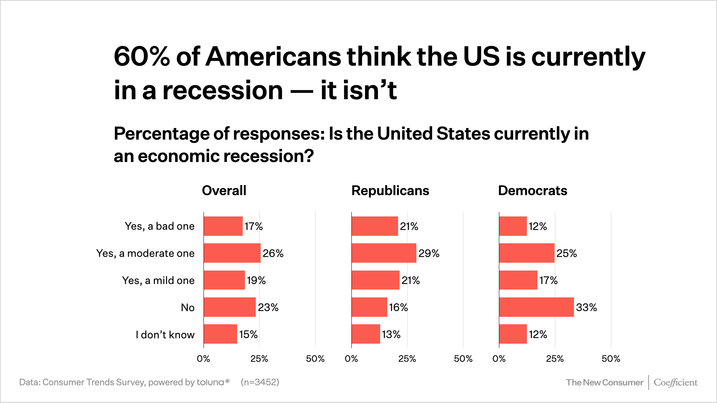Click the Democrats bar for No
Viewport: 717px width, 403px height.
click(536, 307)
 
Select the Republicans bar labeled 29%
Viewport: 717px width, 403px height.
click(384, 253)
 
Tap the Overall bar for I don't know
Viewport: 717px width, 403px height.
click(220, 334)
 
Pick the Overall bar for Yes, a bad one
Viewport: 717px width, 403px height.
click(223, 226)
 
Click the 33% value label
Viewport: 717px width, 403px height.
click(586, 307)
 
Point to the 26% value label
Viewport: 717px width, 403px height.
click(273, 253)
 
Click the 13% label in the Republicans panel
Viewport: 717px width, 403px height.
click(391, 334)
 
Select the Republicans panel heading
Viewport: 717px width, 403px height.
click(390, 191)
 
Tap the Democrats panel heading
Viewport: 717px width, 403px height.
click(533, 191)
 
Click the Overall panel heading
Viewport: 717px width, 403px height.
click(224, 191)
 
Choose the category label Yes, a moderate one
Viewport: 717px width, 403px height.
click(145, 253)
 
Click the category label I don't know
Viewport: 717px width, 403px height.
click(165, 335)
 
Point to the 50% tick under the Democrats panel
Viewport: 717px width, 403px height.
click(611, 359)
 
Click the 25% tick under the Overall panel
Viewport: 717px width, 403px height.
click(259, 359)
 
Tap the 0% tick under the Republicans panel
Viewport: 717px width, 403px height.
click(351, 359)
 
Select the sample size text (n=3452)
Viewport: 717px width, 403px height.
click(260, 382)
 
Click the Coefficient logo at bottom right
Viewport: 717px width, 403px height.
click(675, 383)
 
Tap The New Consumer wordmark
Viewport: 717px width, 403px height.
click(604, 383)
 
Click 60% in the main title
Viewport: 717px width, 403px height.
click(142, 57)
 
